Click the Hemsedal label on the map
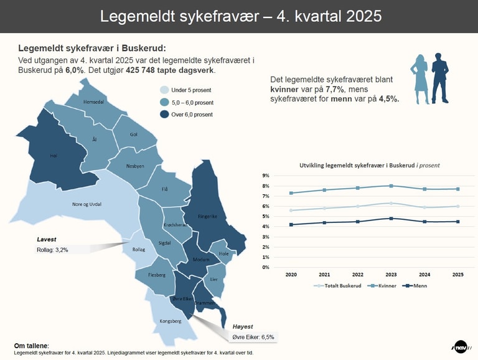point(85,101)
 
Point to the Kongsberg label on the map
point(170,321)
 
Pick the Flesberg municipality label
point(157,274)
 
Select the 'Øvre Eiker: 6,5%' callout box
point(253,336)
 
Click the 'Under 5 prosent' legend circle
point(164,90)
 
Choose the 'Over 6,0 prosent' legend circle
point(164,115)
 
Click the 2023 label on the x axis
point(391,274)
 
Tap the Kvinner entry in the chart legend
point(382,285)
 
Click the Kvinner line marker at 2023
point(391,186)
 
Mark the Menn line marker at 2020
point(291,224)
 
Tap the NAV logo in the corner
point(461,347)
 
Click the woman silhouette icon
point(419,78)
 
